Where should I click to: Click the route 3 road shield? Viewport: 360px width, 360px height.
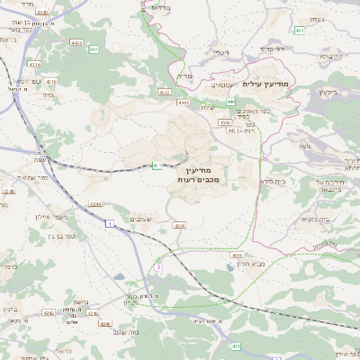(159, 266)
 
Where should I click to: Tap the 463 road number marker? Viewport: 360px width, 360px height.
(299, 31)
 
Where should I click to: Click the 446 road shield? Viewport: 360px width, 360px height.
(231, 102)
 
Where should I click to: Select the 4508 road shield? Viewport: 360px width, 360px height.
(238, 256)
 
